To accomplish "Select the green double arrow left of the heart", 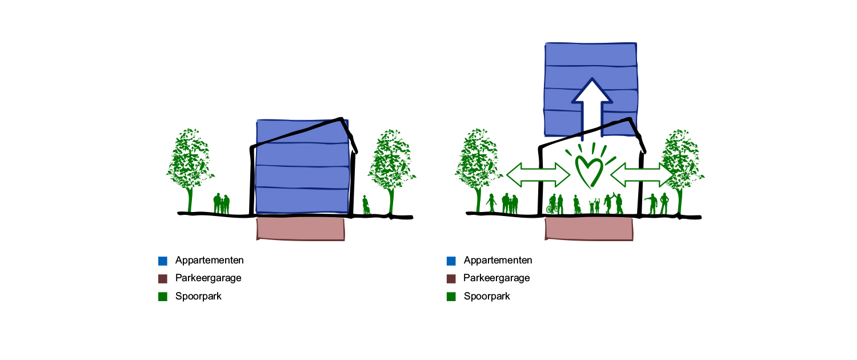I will coord(538,174).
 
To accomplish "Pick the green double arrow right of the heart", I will coord(642,174).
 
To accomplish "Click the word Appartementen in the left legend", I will coord(209,260).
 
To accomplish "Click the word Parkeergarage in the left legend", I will coord(208,278).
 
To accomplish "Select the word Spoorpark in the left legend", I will coord(198,297).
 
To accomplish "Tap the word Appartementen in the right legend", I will coord(498,260).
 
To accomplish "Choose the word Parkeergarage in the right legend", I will coord(496,278).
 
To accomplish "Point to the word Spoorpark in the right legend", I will coord(487,297).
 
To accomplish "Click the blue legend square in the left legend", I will coord(163,261).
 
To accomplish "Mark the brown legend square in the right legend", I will coord(451,279).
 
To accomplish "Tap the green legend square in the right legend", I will coord(451,297).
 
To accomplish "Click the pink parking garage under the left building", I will coord(301,229).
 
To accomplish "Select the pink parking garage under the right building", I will coord(589,229).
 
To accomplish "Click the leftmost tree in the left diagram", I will coord(190,163).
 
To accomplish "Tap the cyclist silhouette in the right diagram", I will coord(552,205).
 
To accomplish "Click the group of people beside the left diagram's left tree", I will coord(221,205).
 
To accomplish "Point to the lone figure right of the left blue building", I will coord(366,205).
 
